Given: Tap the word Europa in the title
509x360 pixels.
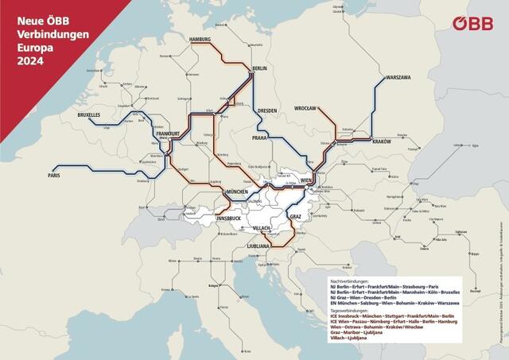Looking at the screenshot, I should pos(33,45).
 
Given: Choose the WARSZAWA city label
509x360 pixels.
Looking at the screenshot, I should pos(397,78).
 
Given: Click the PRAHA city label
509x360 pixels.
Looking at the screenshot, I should pos(263,137).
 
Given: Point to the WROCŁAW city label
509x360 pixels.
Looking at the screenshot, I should pos(305,108).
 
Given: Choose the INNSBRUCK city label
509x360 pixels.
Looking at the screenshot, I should pos(212,217).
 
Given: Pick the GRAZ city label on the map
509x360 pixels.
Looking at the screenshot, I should pos(295,216).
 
